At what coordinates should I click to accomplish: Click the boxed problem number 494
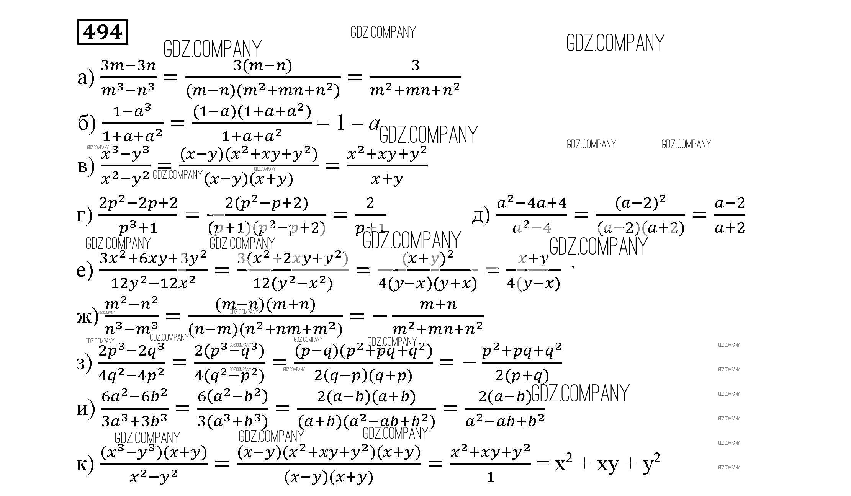click(103, 32)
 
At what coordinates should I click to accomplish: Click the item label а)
click(85, 78)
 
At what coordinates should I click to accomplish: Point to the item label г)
click(84, 215)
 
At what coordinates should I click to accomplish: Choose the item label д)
click(481, 215)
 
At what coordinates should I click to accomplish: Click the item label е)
click(85, 270)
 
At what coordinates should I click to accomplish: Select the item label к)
click(85, 464)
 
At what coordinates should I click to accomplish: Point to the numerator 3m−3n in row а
click(129, 66)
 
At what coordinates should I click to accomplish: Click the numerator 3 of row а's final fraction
click(415, 66)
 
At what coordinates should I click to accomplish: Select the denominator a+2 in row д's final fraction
click(730, 228)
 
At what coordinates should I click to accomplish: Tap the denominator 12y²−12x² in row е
click(153, 283)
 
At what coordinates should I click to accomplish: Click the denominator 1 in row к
click(490, 477)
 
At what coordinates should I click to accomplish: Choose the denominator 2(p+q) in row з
click(522, 376)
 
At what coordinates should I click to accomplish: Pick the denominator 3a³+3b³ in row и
click(134, 421)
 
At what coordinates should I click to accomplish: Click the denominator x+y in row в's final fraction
click(387, 179)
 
